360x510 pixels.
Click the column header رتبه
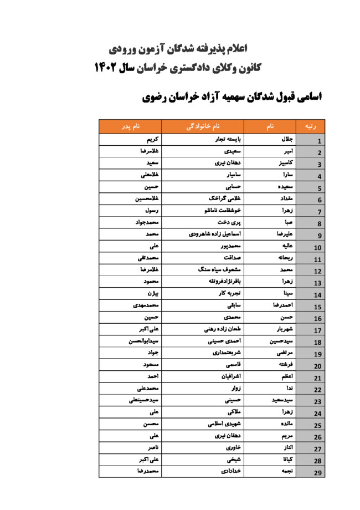click(x=311, y=126)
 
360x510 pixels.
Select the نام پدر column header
click(x=131, y=126)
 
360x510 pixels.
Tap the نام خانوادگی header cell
click(x=203, y=126)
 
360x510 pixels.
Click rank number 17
click(x=317, y=331)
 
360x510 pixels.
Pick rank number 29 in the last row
click(x=317, y=473)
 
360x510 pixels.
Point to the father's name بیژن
click(x=153, y=294)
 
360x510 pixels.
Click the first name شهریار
click(x=285, y=329)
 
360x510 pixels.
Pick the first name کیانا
click(x=287, y=460)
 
